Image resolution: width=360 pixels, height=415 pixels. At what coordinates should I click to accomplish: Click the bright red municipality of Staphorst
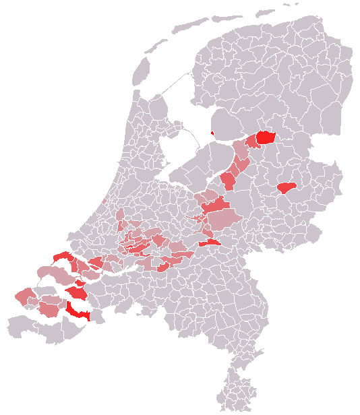(x=265, y=137)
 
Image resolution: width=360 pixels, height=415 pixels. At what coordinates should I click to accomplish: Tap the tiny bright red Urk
(x=212, y=133)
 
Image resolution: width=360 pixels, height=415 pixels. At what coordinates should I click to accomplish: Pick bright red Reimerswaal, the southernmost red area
(x=79, y=312)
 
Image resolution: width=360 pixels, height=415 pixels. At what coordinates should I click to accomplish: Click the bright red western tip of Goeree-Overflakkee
(x=63, y=257)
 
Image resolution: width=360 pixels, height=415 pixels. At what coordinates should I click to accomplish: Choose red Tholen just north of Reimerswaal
(x=78, y=293)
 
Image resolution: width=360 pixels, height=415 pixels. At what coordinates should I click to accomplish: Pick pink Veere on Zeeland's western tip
(x=25, y=296)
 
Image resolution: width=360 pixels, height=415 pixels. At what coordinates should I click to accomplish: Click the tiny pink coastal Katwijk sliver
(x=102, y=200)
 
